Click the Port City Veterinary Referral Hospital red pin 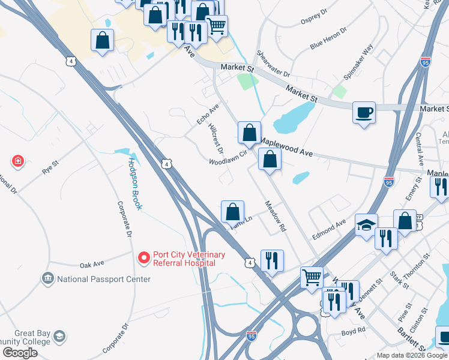click(x=143, y=258)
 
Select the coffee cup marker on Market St click(x=364, y=112)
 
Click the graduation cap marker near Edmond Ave click(x=366, y=225)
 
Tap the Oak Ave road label click(x=92, y=264)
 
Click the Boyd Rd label click(x=353, y=331)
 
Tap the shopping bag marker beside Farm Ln click(x=232, y=212)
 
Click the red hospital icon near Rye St click(x=18, y=161)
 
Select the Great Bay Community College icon click(x=59, y=335)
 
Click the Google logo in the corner click(x=19, y=353)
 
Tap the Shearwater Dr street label click(x=273, y=64)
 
